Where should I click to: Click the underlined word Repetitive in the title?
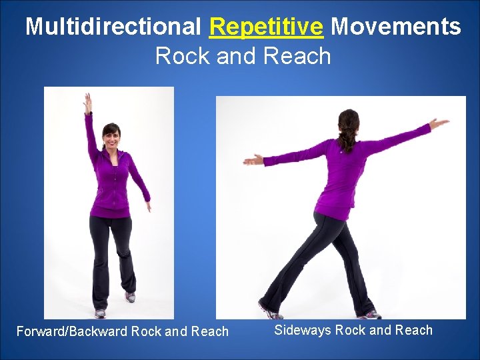pos(266,27)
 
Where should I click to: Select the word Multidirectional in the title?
pos(113,27)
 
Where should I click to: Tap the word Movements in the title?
pos(395,27)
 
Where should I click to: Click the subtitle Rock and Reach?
pos(243,56)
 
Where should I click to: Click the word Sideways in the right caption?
pos(302,330)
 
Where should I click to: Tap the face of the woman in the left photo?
pos(111,139)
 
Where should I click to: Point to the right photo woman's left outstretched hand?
pos(253,159)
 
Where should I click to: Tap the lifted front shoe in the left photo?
pos(129,297)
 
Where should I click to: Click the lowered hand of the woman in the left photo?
pos(147,205)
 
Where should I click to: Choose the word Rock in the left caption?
pos(146,331)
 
